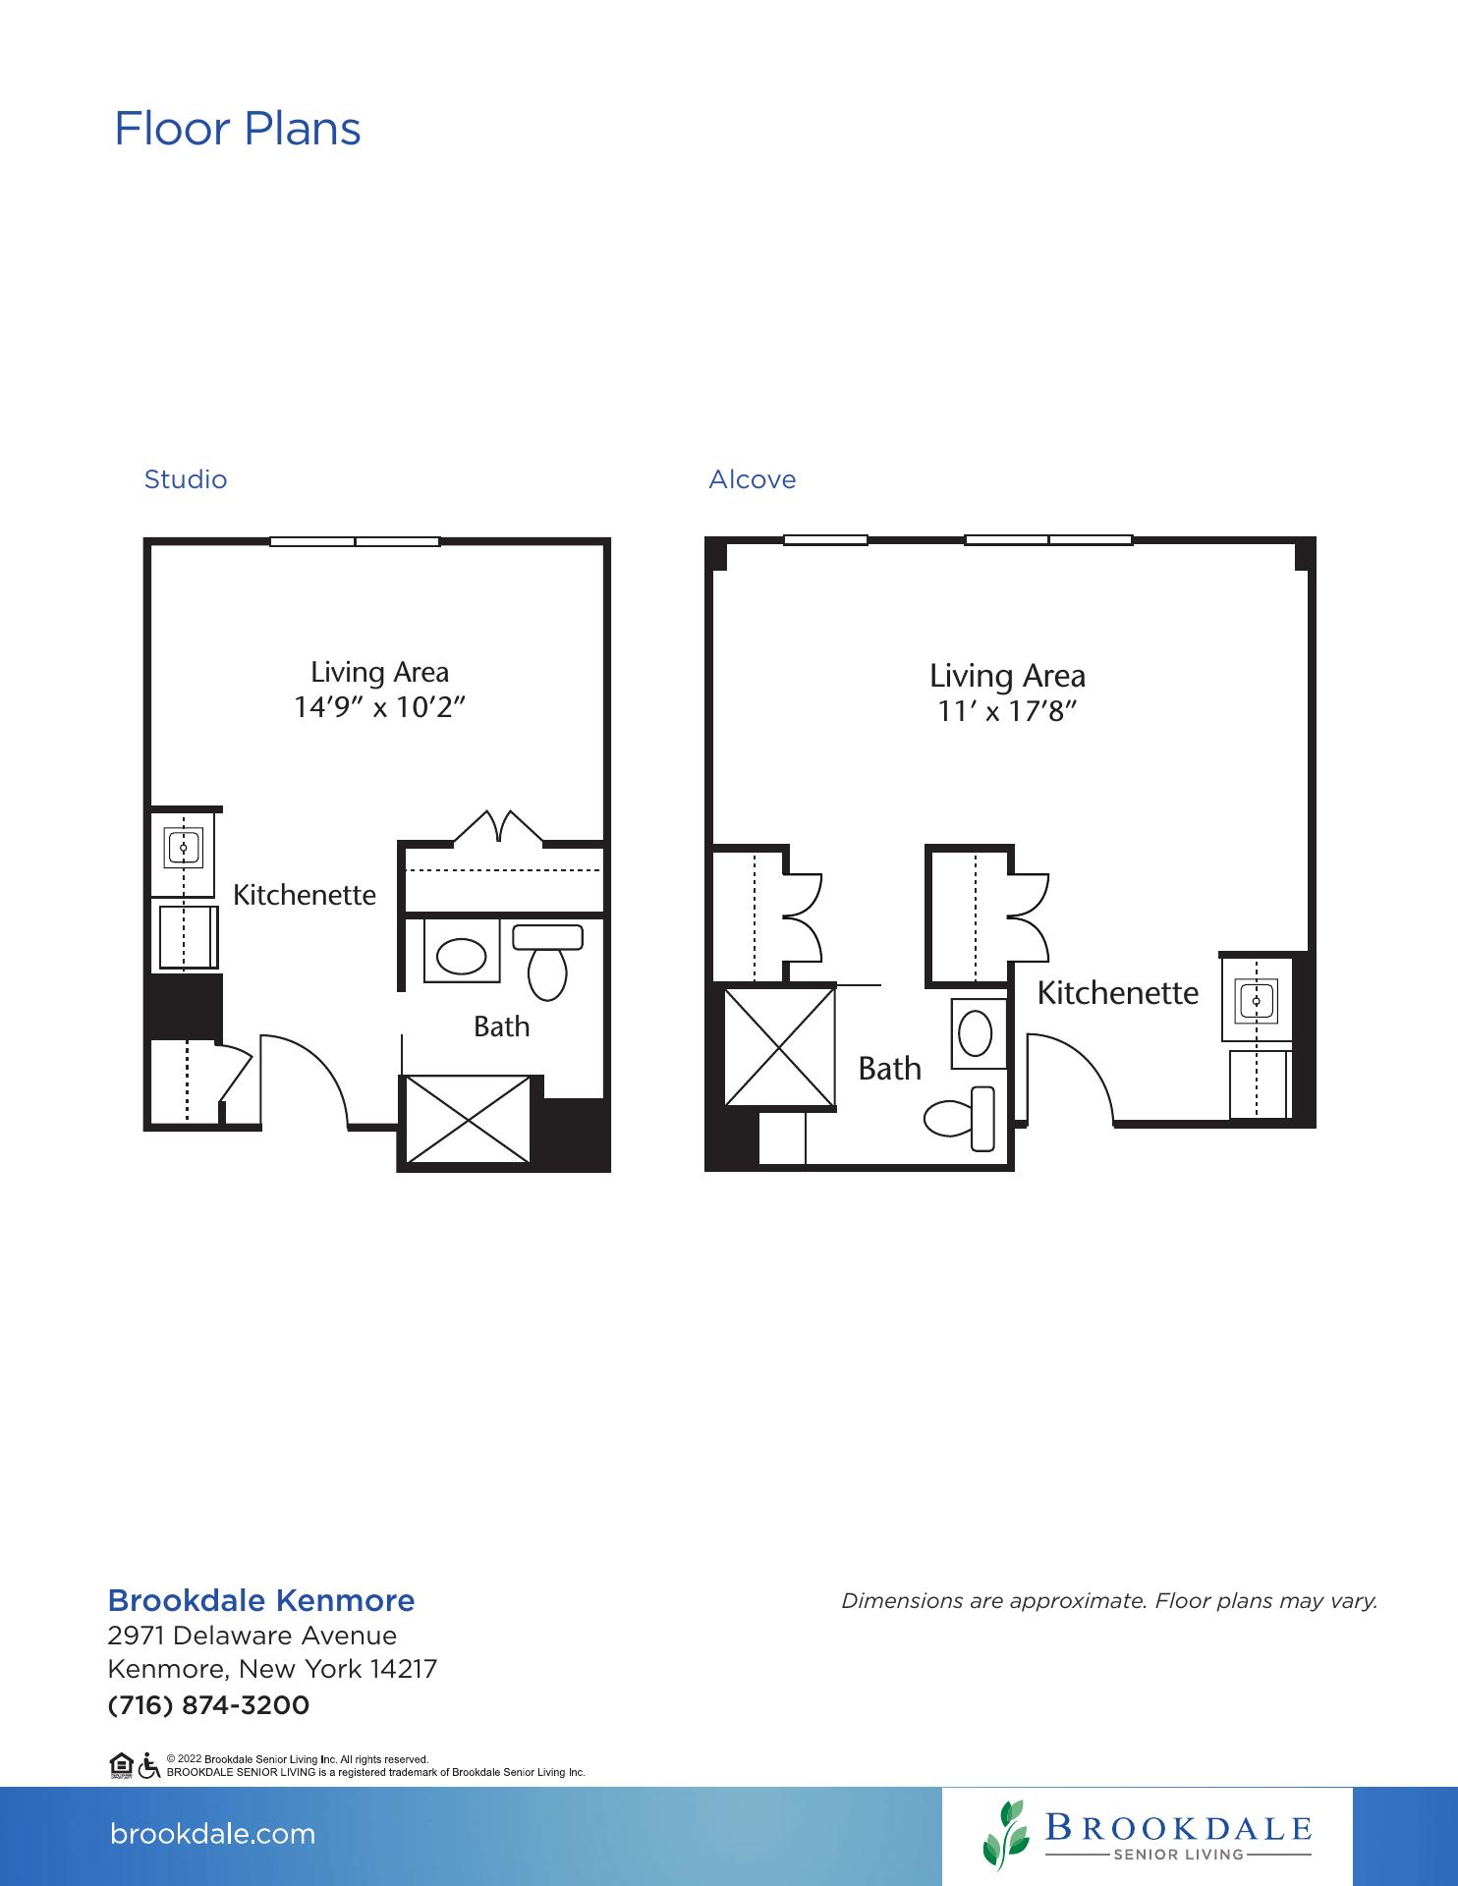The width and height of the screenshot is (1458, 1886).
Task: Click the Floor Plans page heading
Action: click(x=238, y=129)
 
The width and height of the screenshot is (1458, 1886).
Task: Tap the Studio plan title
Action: click(x=186, y=479)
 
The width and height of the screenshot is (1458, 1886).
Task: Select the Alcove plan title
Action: click(x=753, y=479)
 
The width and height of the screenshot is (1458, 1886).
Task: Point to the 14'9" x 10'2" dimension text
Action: click(x=379, y=706)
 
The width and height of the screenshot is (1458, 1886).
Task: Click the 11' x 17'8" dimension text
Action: click(x=1007, y=710)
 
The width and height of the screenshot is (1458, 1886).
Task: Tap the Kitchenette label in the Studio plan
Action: click(x=305, y=895)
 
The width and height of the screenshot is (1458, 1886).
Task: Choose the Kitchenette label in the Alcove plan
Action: click(x=1118, y=993)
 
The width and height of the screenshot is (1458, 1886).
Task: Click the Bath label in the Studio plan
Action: click(x=501, y=1026)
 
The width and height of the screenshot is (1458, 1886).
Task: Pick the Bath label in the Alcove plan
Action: click(x=890, y=1068)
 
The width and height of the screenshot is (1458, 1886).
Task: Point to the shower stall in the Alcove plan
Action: click(x=779, y=1046)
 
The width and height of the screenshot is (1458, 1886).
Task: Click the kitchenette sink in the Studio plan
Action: click(x=183, y=846)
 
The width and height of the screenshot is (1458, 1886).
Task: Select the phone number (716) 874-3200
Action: click(x=208, y=1704)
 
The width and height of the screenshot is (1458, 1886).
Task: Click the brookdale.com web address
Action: click(x=213, y=1834)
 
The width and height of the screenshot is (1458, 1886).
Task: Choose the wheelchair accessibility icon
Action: click(x=149, y=1766)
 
